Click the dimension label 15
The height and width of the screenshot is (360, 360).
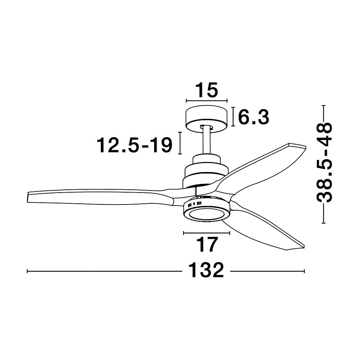tap(206, 90)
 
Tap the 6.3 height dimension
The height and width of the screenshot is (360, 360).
tap(253, 117)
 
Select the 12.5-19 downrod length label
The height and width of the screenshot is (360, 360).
tap(135, 145)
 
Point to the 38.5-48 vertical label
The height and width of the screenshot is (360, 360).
tap(324, 163)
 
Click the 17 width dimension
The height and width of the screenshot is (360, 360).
tap(207, 245)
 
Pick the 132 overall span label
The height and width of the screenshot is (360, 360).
tap(206, 270)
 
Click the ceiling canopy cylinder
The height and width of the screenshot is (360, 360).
tap(206, 119)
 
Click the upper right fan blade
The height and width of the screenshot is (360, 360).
tap(262, 170)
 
